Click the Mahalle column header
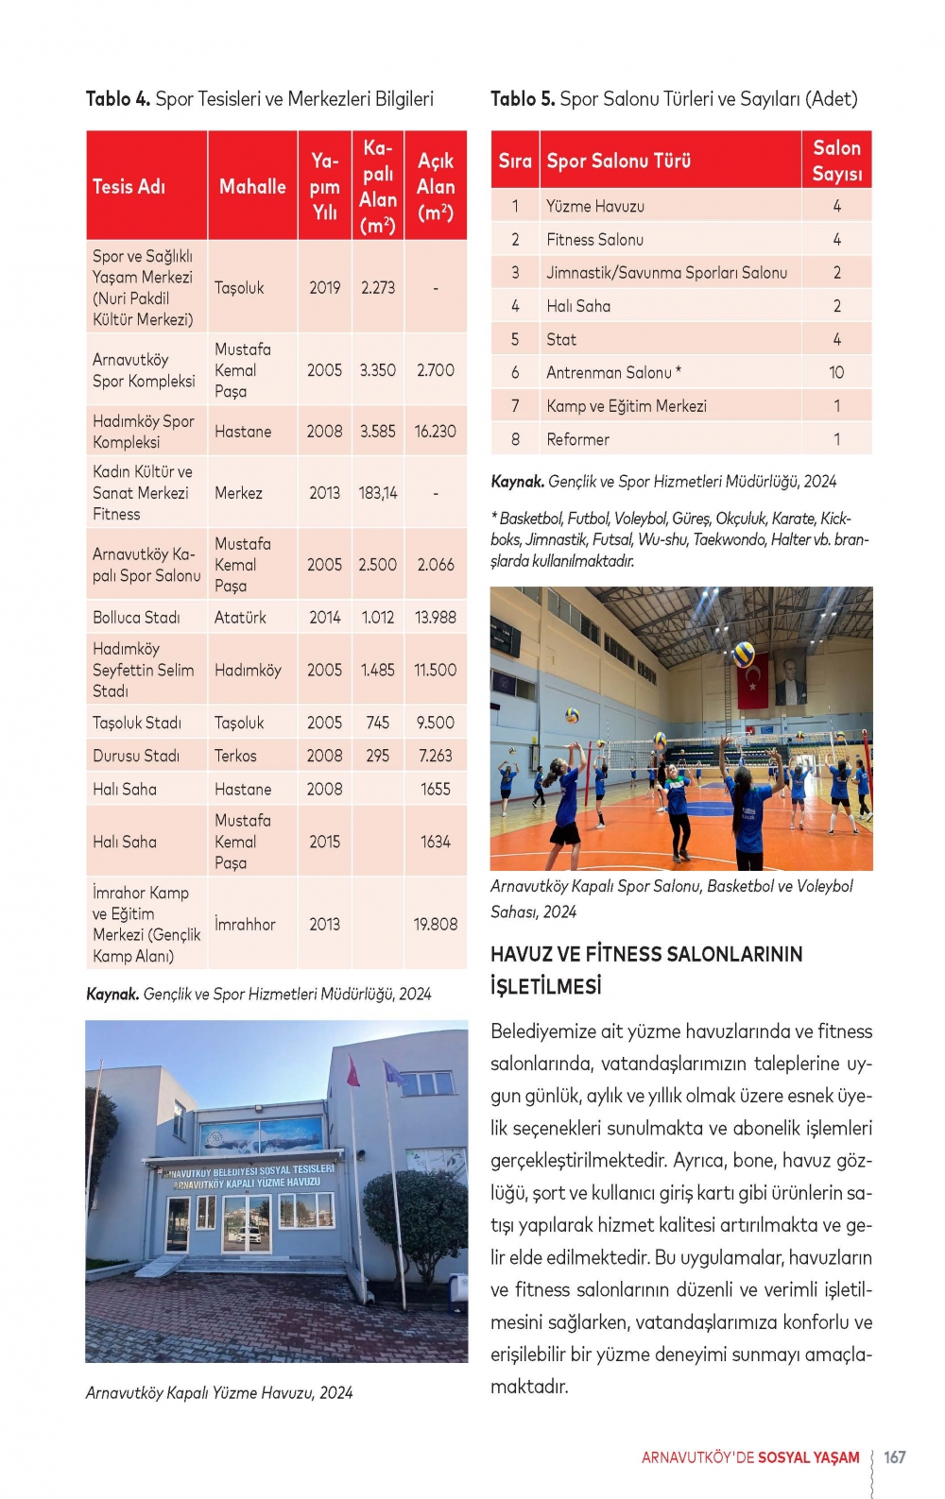click(x=252, y=186)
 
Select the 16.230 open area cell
click(x=435, y=431)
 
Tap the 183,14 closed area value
click(x=377, y=492)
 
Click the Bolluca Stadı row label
click(x=136, y=617)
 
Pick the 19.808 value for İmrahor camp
click(x=435, y=924)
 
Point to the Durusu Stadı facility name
click(x=136, y=756)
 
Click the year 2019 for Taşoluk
click(x=324, y=287)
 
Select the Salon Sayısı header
click(x=836, y=161)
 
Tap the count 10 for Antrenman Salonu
click(x=836, y=372)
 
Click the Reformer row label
click(x=577, y=439)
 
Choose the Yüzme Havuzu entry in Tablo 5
click(x=595, y=206)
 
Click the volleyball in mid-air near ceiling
click(x=744, y=654)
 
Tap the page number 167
click(x=894, y=1456)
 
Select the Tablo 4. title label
click(x=118, y=98)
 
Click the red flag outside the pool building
click(x=353, y=1071)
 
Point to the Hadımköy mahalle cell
click(x=248, y=670)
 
